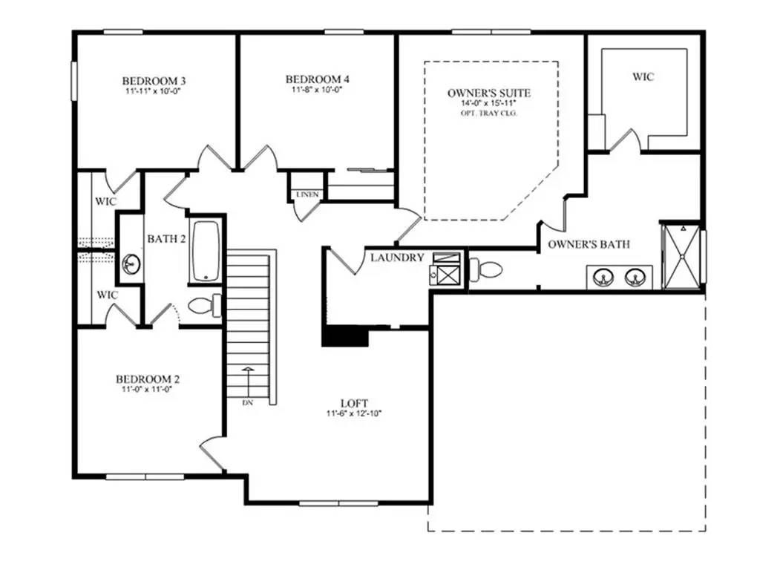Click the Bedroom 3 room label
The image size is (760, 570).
point(154,80)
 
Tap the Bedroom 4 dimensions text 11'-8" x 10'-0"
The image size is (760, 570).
point(317,90)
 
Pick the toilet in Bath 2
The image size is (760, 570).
point(204,305)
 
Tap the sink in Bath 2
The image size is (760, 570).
point(131,263)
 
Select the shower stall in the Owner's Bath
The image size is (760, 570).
point(680,255)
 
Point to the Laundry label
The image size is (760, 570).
point(397,258)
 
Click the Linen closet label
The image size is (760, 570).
point(307,194)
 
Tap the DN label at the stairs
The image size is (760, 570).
point(248,403)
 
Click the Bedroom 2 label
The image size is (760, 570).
point(151,379)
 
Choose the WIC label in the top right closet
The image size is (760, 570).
point(643,76)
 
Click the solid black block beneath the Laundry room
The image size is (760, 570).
point(345,337)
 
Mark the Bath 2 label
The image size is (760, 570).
point(166,238)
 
